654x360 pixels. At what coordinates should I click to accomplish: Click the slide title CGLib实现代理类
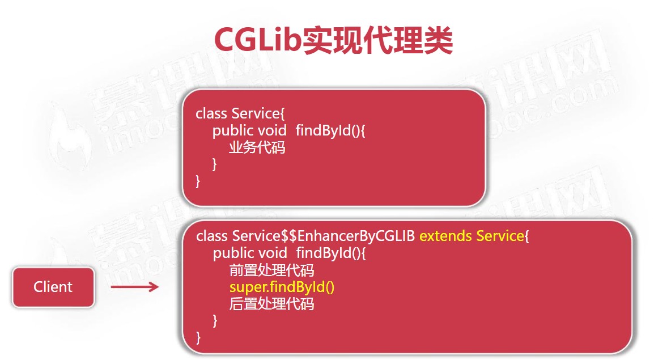333,40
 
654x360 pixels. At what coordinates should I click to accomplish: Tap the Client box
53,287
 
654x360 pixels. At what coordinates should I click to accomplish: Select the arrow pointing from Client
135,286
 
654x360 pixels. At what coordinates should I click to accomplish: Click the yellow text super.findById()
282,287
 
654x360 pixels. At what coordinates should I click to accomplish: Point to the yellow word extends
445,236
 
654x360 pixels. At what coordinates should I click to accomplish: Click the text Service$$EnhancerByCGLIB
323,236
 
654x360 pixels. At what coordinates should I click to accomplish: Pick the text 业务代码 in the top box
257,147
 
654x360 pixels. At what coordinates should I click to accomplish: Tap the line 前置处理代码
271,270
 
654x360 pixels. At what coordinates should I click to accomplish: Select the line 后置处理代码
271,304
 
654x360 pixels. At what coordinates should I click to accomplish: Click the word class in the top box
211,113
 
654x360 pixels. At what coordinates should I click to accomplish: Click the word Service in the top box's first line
256,113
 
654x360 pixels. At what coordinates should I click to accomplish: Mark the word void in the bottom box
273,253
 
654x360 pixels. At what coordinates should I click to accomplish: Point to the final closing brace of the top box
198,181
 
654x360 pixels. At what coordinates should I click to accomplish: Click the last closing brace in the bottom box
198,337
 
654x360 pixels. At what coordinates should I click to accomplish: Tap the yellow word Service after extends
500,236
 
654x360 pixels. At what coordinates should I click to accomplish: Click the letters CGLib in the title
257,40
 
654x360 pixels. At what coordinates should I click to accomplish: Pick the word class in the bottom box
212,236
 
